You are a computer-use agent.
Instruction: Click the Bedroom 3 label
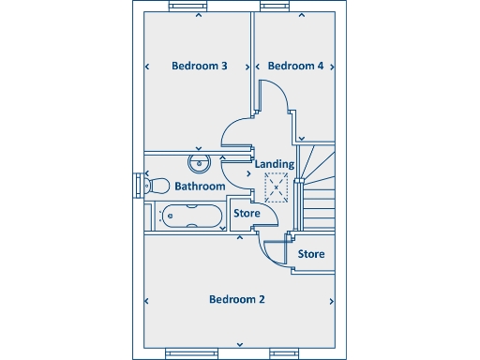200,67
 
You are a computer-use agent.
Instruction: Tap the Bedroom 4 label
295,67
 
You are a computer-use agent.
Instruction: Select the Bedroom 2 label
236,300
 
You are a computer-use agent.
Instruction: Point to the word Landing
275,164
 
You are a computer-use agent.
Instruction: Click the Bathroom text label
200,187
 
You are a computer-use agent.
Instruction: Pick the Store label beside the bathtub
247,214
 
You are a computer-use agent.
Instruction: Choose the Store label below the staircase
311,254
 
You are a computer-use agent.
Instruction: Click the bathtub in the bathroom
190,216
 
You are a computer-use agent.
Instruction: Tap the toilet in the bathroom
156,185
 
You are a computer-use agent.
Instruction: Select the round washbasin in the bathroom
199,164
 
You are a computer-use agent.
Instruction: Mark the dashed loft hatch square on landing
276,187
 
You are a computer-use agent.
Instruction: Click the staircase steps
320,187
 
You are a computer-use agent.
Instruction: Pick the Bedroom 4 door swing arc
274,98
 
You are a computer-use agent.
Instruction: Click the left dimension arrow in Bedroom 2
147,301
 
